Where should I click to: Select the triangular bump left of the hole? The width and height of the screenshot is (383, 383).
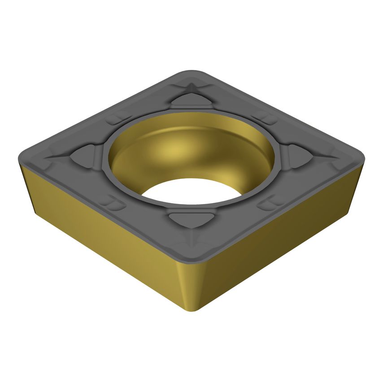[x=85, y=156]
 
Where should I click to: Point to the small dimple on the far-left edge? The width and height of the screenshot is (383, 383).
[x=115, y=120]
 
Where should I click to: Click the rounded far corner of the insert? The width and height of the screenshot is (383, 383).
[x=191, y=72]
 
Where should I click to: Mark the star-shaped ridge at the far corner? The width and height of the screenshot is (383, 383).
[x=190, y=86]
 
